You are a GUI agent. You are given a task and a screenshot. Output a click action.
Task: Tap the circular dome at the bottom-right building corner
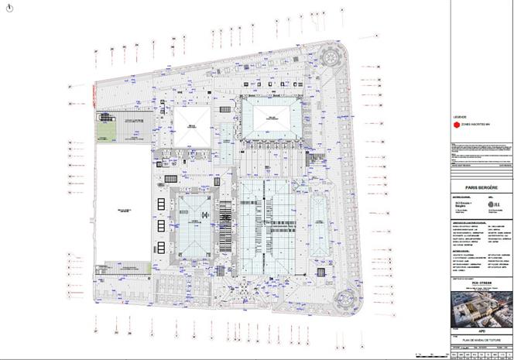(x=347, y=296)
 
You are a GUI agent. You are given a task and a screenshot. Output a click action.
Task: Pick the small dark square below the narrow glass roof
(x=319, y=270)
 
